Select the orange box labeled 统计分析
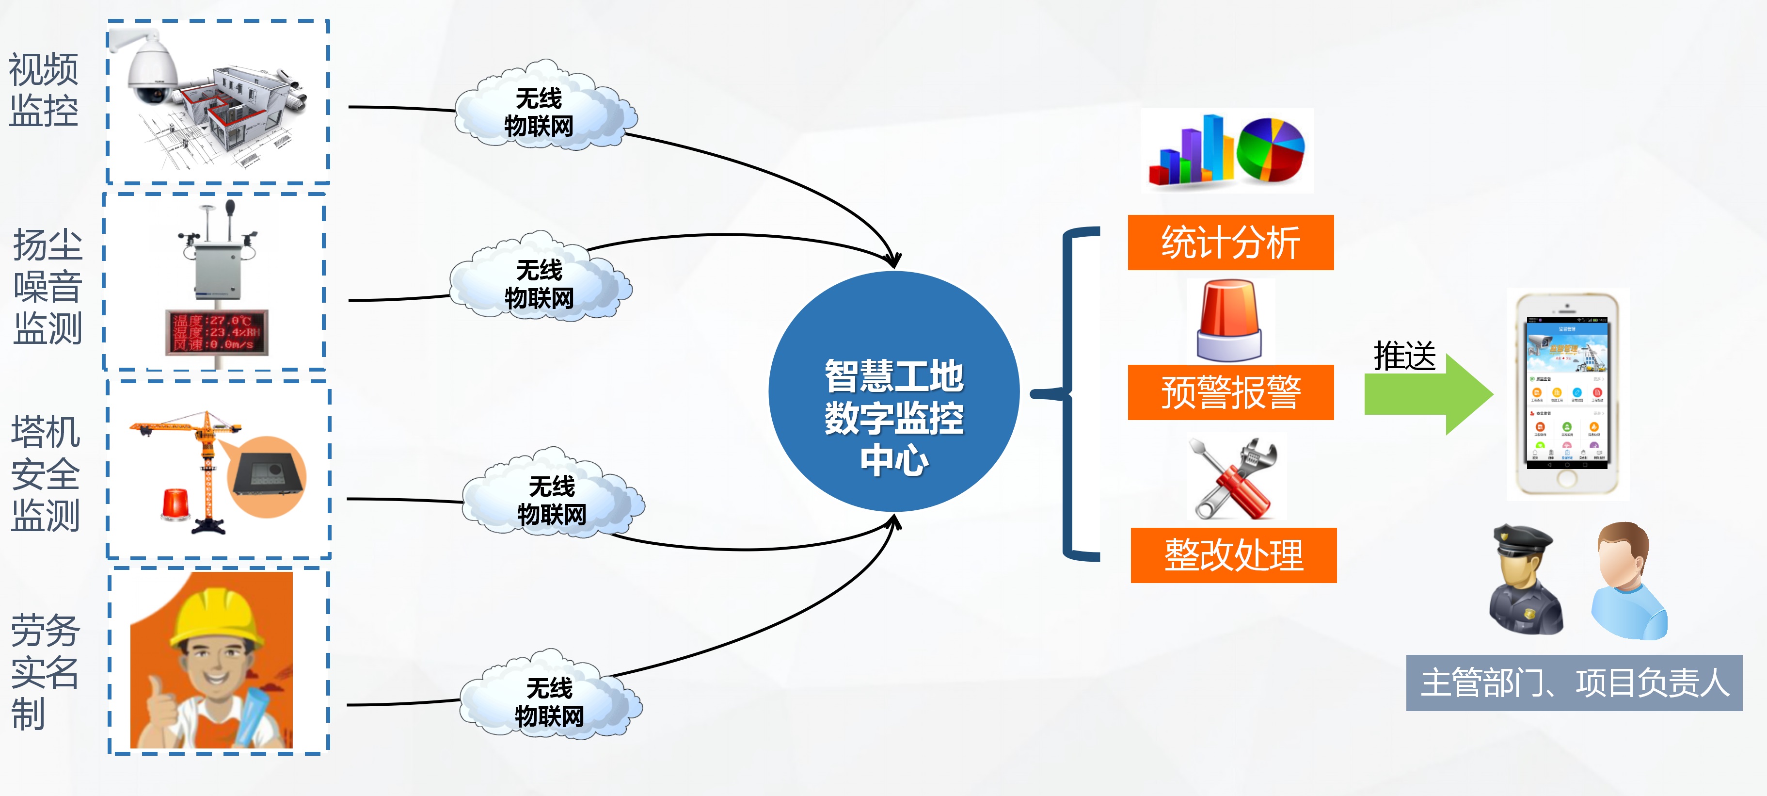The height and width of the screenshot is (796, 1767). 1230,242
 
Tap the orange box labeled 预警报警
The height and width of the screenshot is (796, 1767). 1230,392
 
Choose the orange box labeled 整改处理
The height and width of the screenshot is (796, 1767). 1233,554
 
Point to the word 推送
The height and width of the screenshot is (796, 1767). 1404,356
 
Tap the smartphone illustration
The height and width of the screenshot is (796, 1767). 1567,394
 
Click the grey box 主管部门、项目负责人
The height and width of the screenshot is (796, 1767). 1574,683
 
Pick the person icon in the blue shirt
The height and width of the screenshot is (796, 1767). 1629,580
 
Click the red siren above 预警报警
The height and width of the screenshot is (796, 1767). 1229,321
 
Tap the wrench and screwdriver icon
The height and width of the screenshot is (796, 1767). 1233,478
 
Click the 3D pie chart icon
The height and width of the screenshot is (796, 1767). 1271,149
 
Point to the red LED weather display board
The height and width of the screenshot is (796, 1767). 216,332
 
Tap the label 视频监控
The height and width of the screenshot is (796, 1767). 43,90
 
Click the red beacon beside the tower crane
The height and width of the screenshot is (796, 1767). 175,504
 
